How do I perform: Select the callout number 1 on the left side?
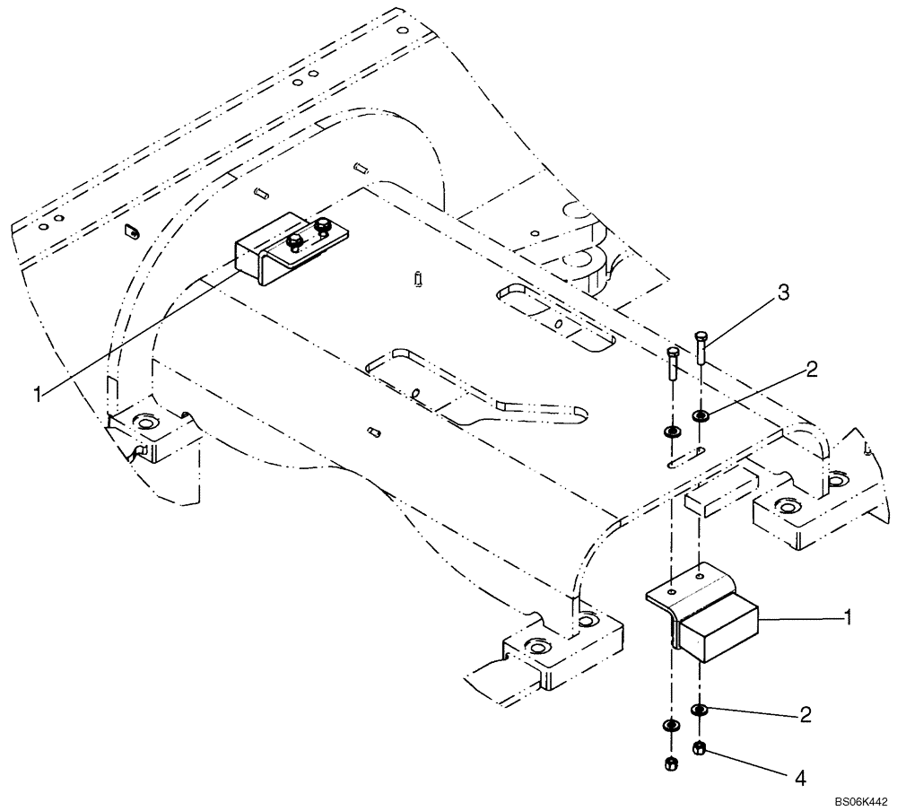click(37, 393)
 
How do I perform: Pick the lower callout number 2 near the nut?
click(805, 715)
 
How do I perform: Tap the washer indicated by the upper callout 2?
click(701, 415)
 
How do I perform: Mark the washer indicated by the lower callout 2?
click(700, 711)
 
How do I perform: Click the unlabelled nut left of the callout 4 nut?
click(669, 763)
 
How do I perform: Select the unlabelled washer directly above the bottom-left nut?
click(669, 725)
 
